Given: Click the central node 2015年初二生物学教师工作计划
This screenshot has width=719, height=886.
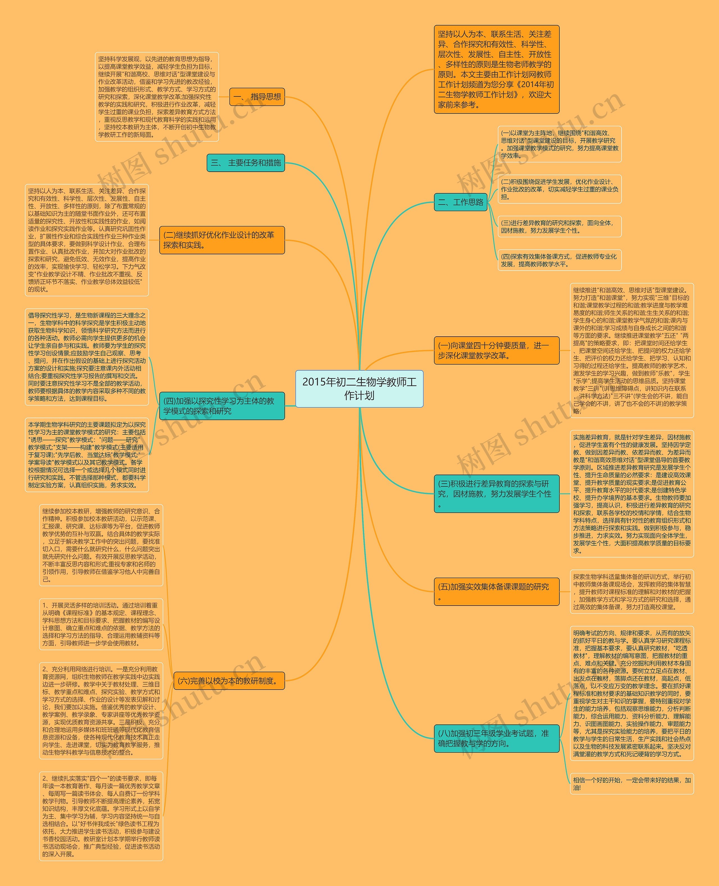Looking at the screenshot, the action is (x=359, y=388).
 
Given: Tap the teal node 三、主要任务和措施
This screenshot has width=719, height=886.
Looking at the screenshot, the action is (x=245, y=163).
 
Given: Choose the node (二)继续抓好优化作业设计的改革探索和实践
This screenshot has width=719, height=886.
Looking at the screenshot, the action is (x=222, y=240).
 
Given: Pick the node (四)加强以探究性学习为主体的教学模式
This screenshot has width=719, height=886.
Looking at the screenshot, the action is (x=222, y=406).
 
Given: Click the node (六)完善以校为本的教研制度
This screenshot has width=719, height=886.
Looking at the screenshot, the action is (x=229, y=681).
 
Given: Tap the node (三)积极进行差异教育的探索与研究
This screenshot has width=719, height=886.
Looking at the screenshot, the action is (x=496, y=493).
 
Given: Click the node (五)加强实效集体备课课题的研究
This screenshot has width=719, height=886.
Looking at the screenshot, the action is (x=496, y=591).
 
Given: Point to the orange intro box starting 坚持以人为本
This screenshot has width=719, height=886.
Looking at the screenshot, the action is (x=496, y=69).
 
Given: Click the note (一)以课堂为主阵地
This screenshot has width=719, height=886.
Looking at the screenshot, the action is (x=559, y=144).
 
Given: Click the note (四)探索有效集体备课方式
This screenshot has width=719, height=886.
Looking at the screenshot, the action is (x=559, y=260).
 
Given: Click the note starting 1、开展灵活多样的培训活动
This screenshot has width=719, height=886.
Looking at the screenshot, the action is (x=101, y=624).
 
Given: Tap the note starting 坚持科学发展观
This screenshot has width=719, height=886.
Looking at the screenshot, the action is (x=156, y=97).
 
